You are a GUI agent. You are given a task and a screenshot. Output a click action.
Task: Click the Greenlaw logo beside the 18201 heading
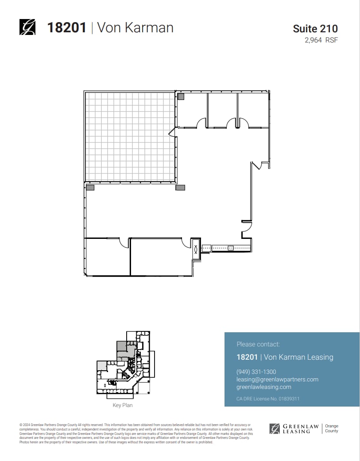click(27, 27)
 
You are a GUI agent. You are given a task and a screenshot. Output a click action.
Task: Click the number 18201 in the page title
click(66, 27)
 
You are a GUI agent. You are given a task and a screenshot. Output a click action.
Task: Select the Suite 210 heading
click(315, 29)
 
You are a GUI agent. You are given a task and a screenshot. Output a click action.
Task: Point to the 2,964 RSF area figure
click(321, 40)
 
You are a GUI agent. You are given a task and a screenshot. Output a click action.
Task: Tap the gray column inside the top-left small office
click(181, 96)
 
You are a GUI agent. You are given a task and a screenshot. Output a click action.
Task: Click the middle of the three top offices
click(222, 109)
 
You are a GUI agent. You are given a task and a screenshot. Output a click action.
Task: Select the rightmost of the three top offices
click(252, 109)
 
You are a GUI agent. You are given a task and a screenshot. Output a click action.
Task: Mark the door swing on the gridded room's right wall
click(172, 131)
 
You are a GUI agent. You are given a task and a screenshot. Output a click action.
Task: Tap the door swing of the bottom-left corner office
click(124, 242)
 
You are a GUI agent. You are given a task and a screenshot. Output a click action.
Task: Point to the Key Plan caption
click(123, 405)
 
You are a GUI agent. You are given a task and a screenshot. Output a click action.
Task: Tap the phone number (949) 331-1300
click(256, 372)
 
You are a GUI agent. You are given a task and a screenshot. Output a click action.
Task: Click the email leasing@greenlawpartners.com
click(277, 380)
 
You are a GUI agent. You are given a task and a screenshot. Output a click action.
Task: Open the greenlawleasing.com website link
click(264, 387)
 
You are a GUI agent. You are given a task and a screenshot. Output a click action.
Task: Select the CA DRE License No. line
click(268, 399)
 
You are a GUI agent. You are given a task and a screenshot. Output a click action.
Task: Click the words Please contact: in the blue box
click(258, 344)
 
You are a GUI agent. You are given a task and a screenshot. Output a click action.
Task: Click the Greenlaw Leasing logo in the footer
click(294, 428)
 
